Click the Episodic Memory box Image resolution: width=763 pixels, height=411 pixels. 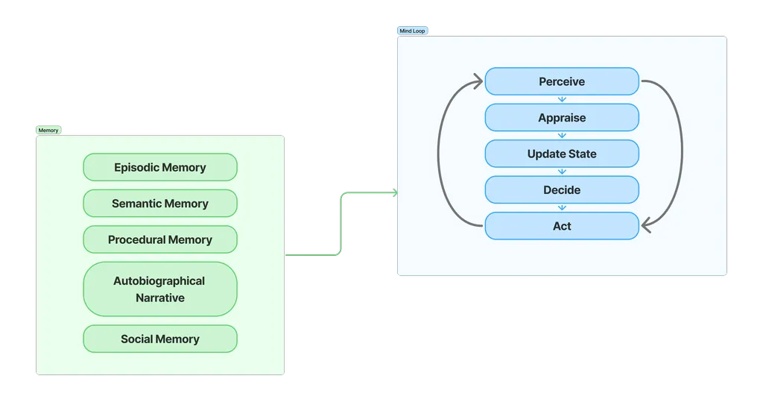pyautogui.click(x=160, y=167)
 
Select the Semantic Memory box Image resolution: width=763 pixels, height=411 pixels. pyautogui.click(x=160, y=204)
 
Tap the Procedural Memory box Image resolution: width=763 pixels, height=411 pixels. pyautogui.click(x=160, y=239)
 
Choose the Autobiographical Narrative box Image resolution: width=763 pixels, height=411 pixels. pyautogui.click(x=160, y=289)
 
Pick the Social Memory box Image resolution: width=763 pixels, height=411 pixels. pyautogui.click(x=160, y=339)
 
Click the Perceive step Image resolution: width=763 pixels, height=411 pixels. pyautogui.click(x=562, y=81)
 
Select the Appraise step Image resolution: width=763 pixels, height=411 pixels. pyautogui.click(x=562, y=118)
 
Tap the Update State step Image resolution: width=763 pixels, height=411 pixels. pyautogui.click(x=562, y=154)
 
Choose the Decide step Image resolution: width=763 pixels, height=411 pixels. pyautogui.click(x=562, y=189)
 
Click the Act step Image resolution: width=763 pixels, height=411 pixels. pyautogui.click(x=562, y=226)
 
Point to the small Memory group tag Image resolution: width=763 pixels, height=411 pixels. pyautogui.click(x=48, y=131)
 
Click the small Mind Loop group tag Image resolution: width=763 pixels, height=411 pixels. pyautogui.click(x=412, y=31)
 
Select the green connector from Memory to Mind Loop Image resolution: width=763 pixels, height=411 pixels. pyautogui.click(x=341, y=224)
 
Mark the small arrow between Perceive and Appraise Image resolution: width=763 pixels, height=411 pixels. pyautogui.click(x=562, y=99)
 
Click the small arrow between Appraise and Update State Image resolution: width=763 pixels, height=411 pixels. pyautogui.click(x=562, y=136)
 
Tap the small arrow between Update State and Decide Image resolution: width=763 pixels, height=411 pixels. pyautogui.click(x=562, y=172)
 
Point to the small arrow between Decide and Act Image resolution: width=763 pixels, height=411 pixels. pyautogui.click(x=562, y=207)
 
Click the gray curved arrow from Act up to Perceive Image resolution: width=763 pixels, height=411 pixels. pyautogui.click(x=439, y=153)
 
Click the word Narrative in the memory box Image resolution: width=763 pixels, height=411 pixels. pyautogui.click(x=160, y=298)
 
